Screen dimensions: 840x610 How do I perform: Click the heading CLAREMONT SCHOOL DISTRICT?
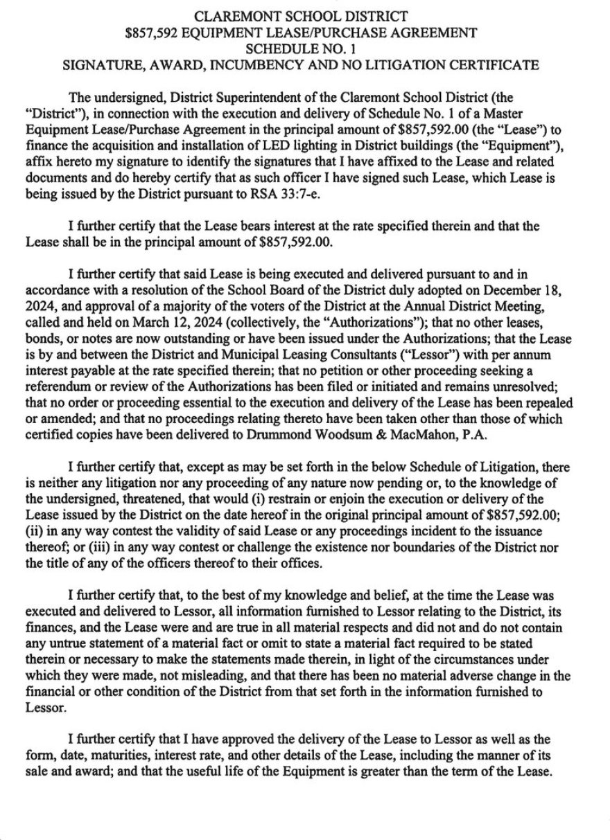(x=299, y=15)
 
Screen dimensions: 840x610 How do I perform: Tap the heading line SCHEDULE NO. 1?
(x=299, y=48)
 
